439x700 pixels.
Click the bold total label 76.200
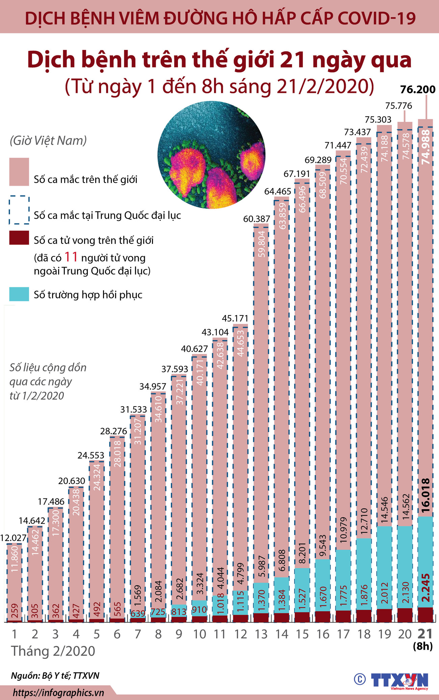point(418,89)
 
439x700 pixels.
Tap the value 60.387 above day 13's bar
point(257,219)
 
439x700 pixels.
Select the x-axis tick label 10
point(200,634)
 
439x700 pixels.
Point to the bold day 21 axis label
point(425,633)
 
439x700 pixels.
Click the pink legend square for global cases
point(19,172)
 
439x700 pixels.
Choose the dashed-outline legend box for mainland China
point(19,210)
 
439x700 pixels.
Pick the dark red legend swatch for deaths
point(19,238)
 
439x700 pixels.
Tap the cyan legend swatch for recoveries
point(19,294)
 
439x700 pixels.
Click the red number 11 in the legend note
point(71,257)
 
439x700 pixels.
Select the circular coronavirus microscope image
point(211,155)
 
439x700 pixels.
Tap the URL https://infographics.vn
point(58,693)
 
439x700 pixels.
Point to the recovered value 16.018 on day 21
point(426,495)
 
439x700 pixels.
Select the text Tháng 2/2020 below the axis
point(53,651)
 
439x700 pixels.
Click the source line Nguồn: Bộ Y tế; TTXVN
point(55,675)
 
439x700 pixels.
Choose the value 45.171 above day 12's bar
point(235,318)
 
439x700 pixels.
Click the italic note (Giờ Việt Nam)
point(48,140)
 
